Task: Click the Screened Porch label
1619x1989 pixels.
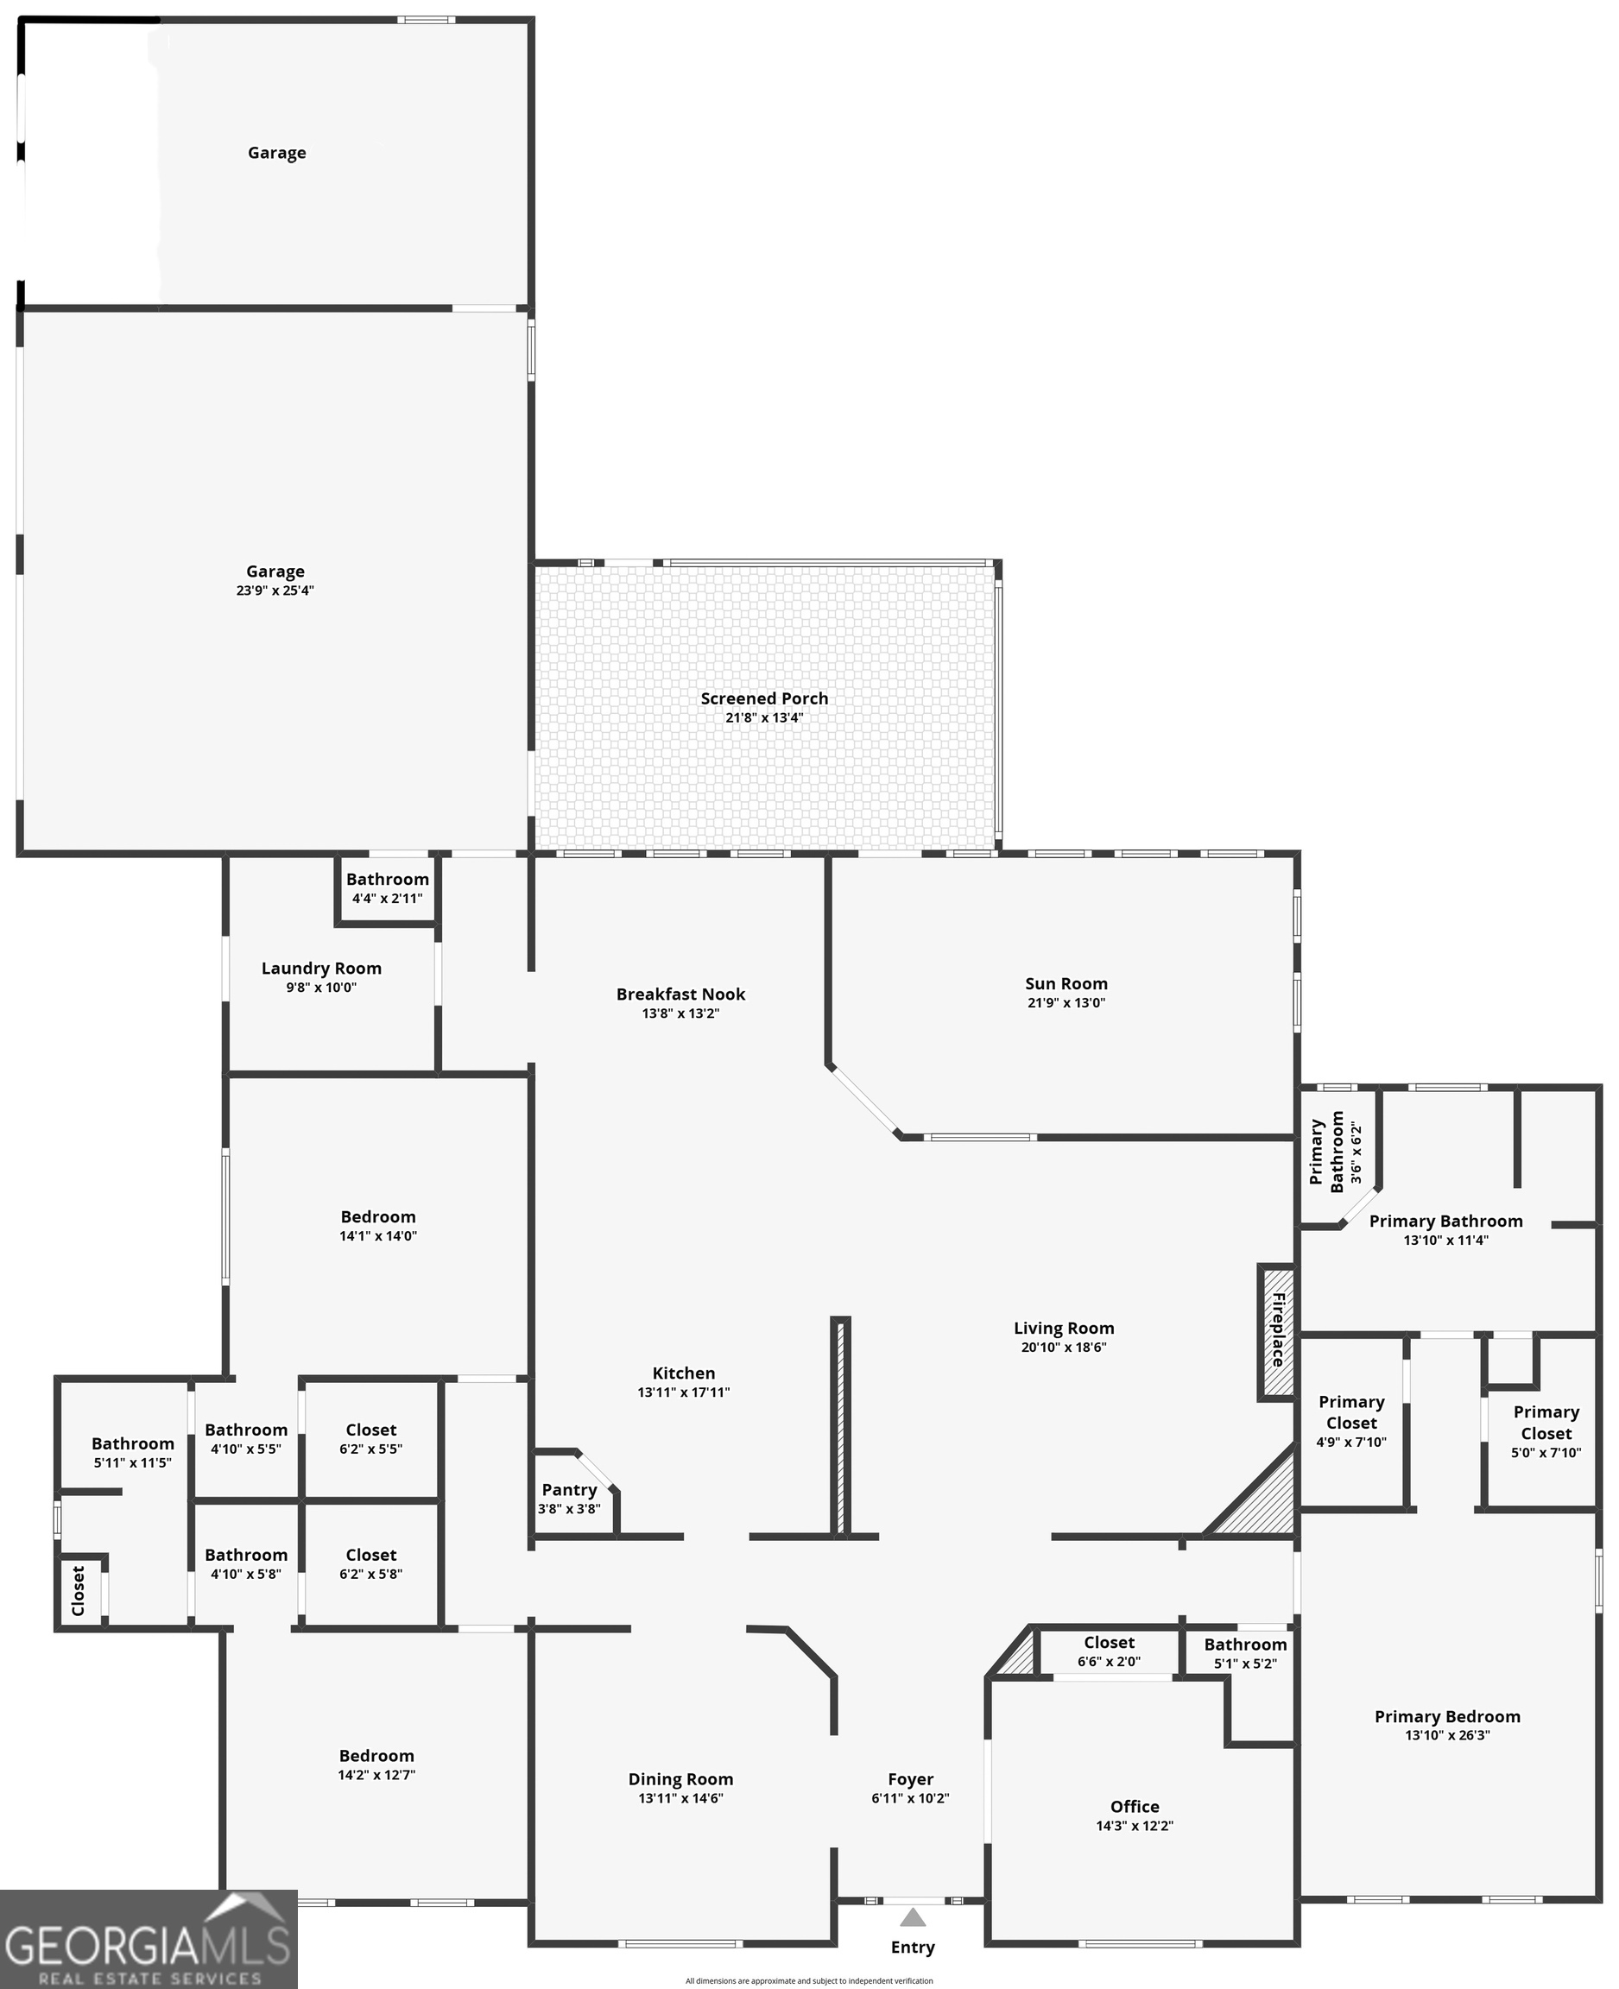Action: click(764, 698)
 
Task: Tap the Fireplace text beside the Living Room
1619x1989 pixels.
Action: click(1279, 1329)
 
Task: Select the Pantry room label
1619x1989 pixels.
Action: click(569, 1489)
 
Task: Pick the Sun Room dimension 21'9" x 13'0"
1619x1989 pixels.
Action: click(1066, 1002)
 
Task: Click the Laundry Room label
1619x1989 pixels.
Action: click(321, 968)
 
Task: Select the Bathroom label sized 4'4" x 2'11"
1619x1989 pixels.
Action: click(387, 880)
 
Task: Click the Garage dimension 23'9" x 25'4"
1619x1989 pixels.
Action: click(275, 590)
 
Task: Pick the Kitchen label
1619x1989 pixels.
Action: click(684, 1373)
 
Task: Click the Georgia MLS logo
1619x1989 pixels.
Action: click(149, 1940)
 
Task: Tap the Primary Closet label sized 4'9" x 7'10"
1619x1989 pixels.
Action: click(1351, 1411)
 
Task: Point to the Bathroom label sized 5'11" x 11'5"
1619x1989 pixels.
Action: click(132, 1443)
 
